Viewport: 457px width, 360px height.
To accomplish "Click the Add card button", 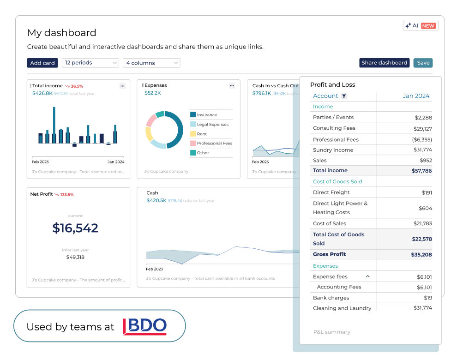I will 42,63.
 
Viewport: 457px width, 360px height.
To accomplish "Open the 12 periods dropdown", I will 90,63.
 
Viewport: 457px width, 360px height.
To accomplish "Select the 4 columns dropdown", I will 151,63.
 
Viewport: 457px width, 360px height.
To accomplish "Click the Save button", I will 423,63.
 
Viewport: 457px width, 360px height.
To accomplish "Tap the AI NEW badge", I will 420,26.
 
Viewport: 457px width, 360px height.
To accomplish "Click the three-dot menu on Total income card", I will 122,86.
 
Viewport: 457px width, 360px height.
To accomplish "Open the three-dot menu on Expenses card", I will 232,86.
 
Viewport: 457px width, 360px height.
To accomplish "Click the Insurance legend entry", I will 206,115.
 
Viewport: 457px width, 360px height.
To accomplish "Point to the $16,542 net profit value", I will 75,228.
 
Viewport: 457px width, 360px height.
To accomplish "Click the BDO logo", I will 145,327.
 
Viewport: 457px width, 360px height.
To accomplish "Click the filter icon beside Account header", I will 344,96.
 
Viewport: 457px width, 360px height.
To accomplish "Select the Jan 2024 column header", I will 416,96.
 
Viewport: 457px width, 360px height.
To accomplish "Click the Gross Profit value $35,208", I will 421,255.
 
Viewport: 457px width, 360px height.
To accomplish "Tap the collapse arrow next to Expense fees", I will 368,276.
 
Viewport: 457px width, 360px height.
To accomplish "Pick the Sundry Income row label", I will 333,150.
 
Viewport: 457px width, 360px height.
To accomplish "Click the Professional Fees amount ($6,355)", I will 422,139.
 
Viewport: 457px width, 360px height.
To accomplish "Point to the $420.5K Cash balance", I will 156,200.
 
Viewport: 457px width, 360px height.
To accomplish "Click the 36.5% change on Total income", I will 77,86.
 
